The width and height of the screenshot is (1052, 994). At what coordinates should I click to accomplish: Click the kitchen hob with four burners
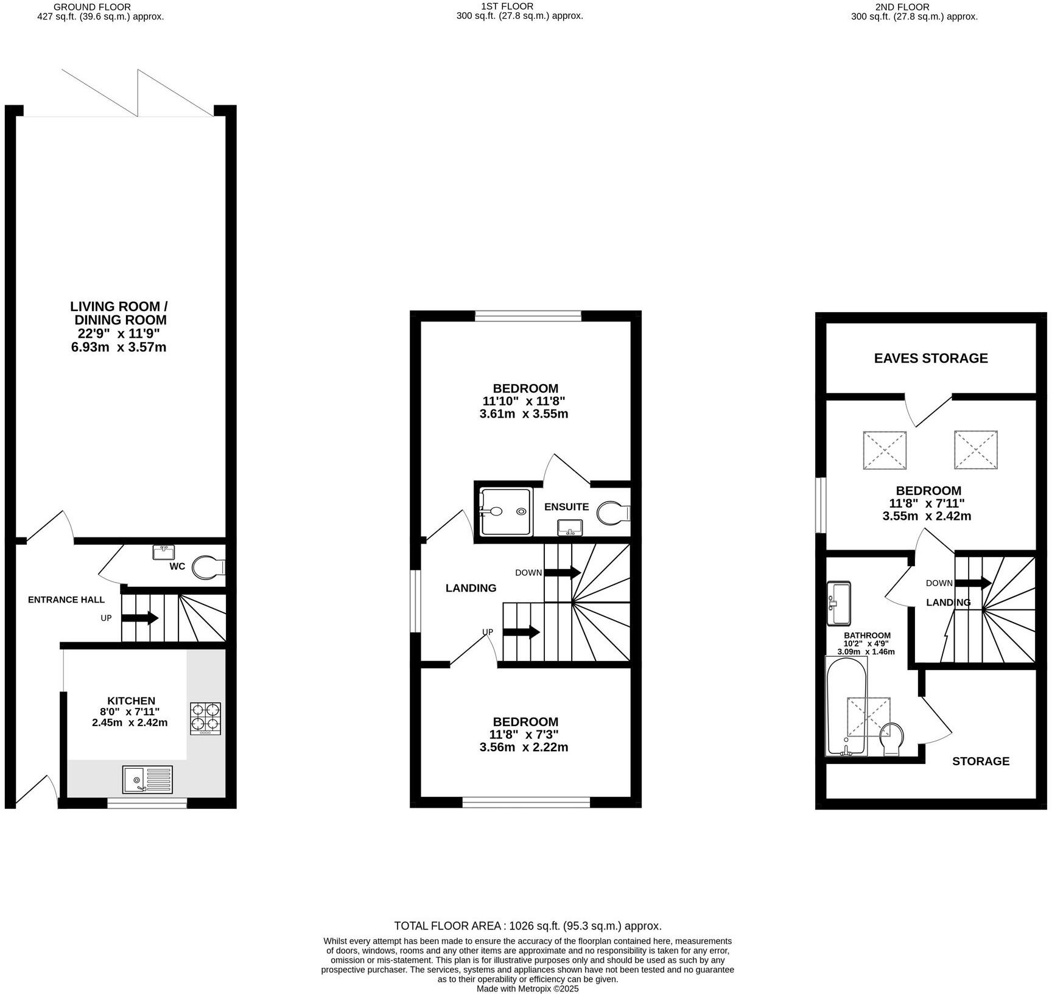coord(205,718)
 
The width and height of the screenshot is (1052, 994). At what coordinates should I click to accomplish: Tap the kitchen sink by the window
coord(147,780)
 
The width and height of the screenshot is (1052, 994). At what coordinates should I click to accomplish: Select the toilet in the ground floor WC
coord(207,568)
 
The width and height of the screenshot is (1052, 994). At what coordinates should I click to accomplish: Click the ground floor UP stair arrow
coord(140,618)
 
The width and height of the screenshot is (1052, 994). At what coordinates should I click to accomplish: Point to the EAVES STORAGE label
coord(930,358)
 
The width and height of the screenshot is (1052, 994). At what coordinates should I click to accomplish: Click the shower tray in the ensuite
coord(505,512)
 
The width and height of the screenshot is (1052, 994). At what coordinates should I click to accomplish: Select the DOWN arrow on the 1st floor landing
coord(562,572)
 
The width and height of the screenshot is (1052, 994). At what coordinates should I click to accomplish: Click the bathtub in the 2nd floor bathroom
coord(846,706)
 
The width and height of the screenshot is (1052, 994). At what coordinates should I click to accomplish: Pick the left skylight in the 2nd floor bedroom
coord(884,450)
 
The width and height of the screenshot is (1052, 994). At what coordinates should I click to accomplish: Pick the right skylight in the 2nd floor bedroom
coord(975,450)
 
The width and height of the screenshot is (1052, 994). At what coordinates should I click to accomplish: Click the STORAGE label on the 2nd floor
coord(980,761)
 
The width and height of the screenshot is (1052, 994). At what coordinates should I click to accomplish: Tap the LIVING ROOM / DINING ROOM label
coord(119,313)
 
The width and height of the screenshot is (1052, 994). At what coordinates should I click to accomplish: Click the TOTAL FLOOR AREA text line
coord(527,926)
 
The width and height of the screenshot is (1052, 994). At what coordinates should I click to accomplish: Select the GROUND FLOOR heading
coord(93,7)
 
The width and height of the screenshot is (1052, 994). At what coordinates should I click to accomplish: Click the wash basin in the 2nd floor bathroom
coord(838,603)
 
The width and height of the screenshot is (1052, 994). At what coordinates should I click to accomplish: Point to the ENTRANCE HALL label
coord(66,600)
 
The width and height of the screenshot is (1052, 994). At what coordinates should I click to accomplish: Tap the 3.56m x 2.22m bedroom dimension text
coord(524,747)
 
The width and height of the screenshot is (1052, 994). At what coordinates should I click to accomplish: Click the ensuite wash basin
coord(570,527)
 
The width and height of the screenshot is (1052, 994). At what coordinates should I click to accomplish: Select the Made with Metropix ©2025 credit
coord(527,989)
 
